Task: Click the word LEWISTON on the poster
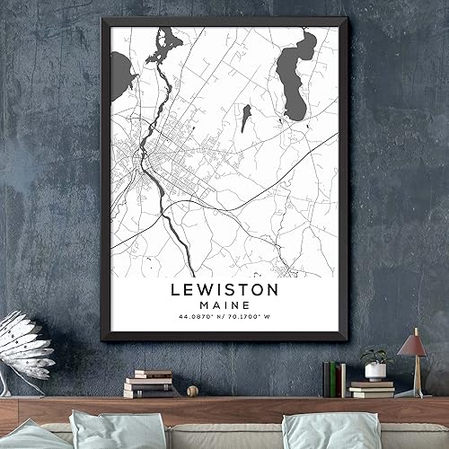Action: pyautogui.click(x=224, y=290)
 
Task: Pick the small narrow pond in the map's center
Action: pyautogui.click(x=245, y=118)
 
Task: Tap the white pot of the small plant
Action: pyautogui.click(x=375, y=371)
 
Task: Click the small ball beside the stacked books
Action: pyautogui.click(x=192, y=391)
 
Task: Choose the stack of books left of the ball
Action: pyautogui.click(x=150, y=383)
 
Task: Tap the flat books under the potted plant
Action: pyautogui.click(x=374, y=388)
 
